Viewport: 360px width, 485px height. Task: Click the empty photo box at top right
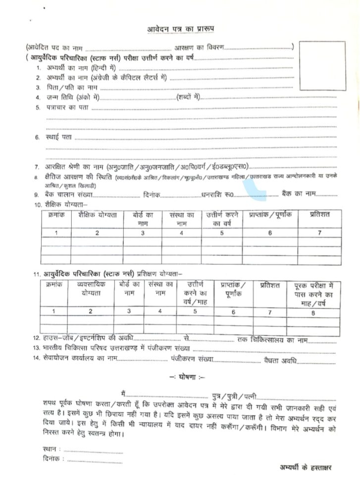click(322, 67)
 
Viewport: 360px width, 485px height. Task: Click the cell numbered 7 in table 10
click(319, 233)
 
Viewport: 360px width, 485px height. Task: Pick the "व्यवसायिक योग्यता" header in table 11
click(91, 289)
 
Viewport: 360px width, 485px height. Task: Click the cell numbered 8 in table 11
click(313, 313)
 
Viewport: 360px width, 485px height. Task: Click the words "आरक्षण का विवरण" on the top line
click(199, 47)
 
